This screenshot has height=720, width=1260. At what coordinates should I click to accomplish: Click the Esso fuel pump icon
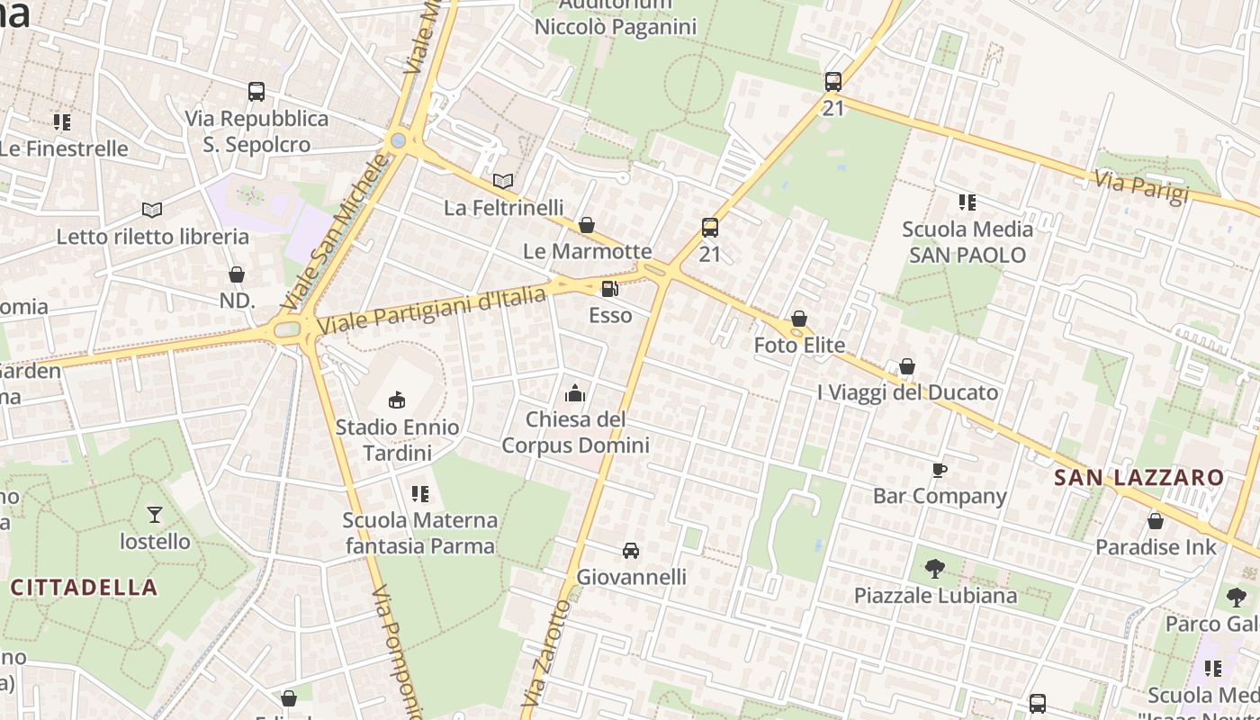click(610, 289)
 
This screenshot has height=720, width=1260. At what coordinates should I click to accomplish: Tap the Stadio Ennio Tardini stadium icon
click(397, 400)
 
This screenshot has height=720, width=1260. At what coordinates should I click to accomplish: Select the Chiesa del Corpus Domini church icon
click(575, 393)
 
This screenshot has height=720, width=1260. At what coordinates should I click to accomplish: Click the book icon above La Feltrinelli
click(503, 182)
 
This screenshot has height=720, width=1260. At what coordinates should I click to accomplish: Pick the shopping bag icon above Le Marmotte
click(587, 225)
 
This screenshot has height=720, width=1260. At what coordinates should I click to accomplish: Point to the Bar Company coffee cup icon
click(940, 470)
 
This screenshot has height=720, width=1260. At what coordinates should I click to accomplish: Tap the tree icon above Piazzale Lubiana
click(935, 569)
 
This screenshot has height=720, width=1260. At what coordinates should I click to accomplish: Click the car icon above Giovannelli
click(631, 551)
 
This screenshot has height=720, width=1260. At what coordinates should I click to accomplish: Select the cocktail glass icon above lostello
click(155, 515)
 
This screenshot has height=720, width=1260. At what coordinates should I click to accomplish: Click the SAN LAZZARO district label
click(1138, 478)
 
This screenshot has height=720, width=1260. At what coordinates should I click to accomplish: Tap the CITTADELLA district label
click(84, 588)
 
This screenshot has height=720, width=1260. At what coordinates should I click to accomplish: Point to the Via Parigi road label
click(1141, 187)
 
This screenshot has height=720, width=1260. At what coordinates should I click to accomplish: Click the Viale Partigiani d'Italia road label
click(432, 310)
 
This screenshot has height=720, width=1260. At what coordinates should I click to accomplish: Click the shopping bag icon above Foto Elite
click(799, 319)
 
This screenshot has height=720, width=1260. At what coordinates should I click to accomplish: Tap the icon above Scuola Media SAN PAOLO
click(967, 202)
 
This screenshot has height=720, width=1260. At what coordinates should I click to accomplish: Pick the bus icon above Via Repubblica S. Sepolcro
click(256, 92)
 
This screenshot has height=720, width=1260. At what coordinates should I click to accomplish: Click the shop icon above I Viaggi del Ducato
click(907, 366)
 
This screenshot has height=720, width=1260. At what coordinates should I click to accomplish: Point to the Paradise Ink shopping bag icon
click(1156, 521)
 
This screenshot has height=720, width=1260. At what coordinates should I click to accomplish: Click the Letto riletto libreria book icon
click(152, 211)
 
